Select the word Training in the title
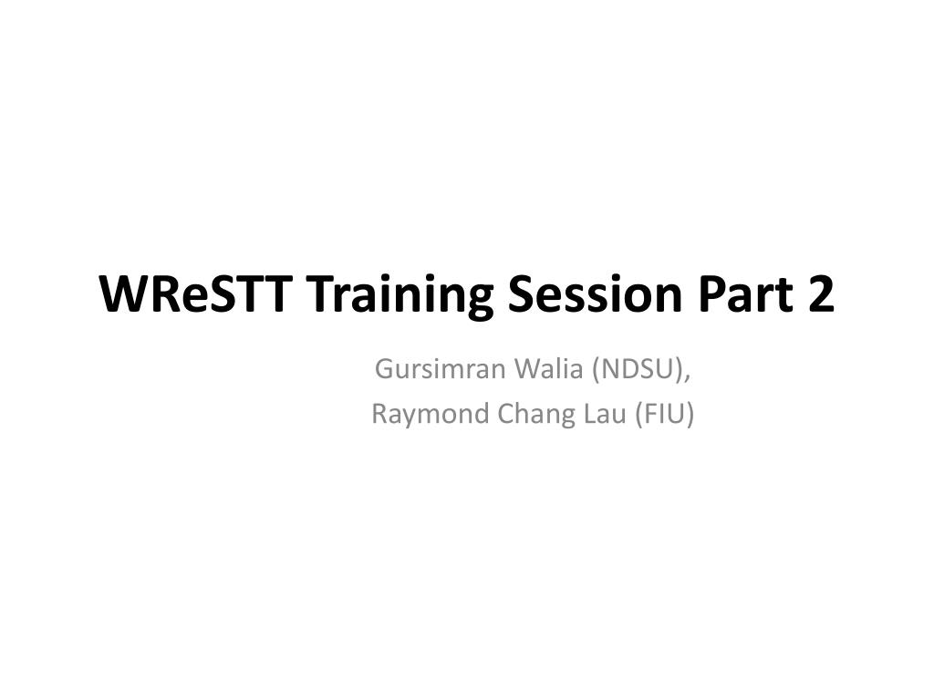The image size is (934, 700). point(400,297)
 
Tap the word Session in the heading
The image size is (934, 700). point(595,293)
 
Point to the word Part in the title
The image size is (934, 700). point(746,294)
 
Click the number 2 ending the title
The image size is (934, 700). point(822,293)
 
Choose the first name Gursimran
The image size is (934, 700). point(441,369)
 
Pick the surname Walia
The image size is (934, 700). point(548,369)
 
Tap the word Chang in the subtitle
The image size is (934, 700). point(536,415)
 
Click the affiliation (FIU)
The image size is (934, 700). point(664,415)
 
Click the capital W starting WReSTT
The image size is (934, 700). point(124,293)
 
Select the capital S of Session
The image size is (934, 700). point(520,293)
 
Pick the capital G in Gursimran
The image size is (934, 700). point(384,369)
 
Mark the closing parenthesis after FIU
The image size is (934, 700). point(690,415)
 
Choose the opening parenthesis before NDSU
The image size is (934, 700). point(597,370)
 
